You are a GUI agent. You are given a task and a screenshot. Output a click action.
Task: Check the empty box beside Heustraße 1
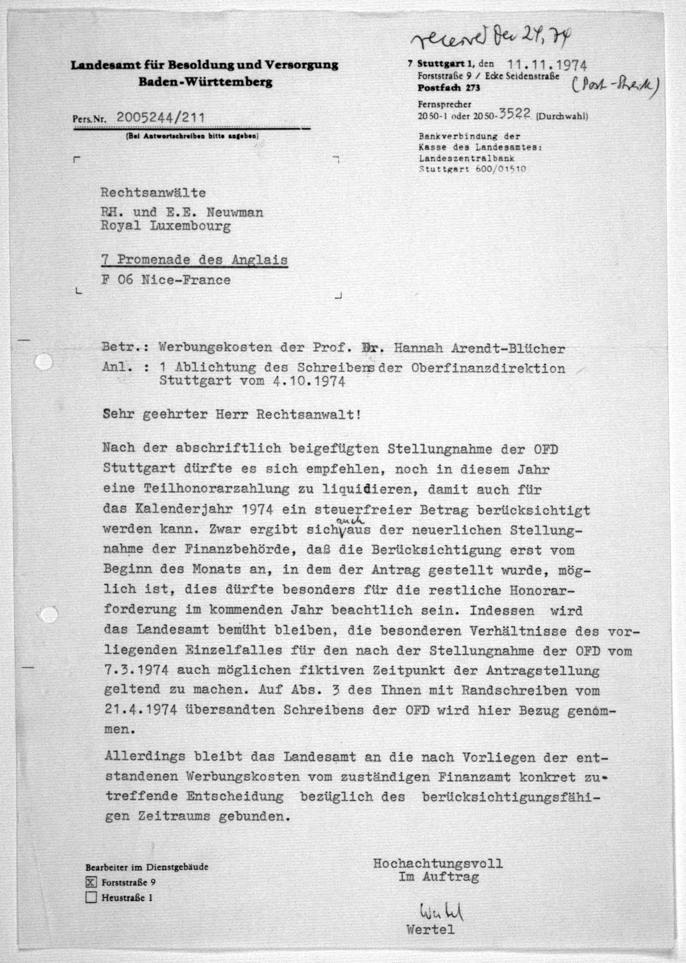(x=91, y=897)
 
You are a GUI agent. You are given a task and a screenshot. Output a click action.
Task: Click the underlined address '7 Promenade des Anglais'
(x=194, y=260)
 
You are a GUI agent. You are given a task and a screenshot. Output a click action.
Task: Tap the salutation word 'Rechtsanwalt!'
(x=309, y=414)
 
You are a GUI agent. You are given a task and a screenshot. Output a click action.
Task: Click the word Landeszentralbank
(x=466, y=158)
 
